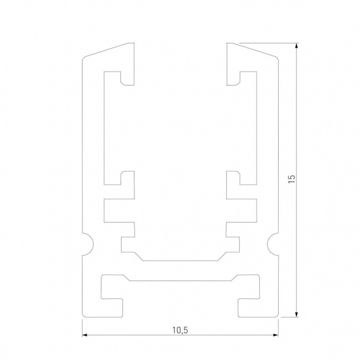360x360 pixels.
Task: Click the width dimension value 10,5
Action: (179, 330)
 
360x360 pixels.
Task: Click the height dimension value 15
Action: (292, 180)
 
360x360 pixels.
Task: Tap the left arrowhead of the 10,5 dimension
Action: (86, 336)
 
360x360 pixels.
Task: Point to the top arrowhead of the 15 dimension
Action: (297, 47)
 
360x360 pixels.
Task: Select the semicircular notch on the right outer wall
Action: (273, 244)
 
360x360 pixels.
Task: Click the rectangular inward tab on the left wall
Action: (120, 210)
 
